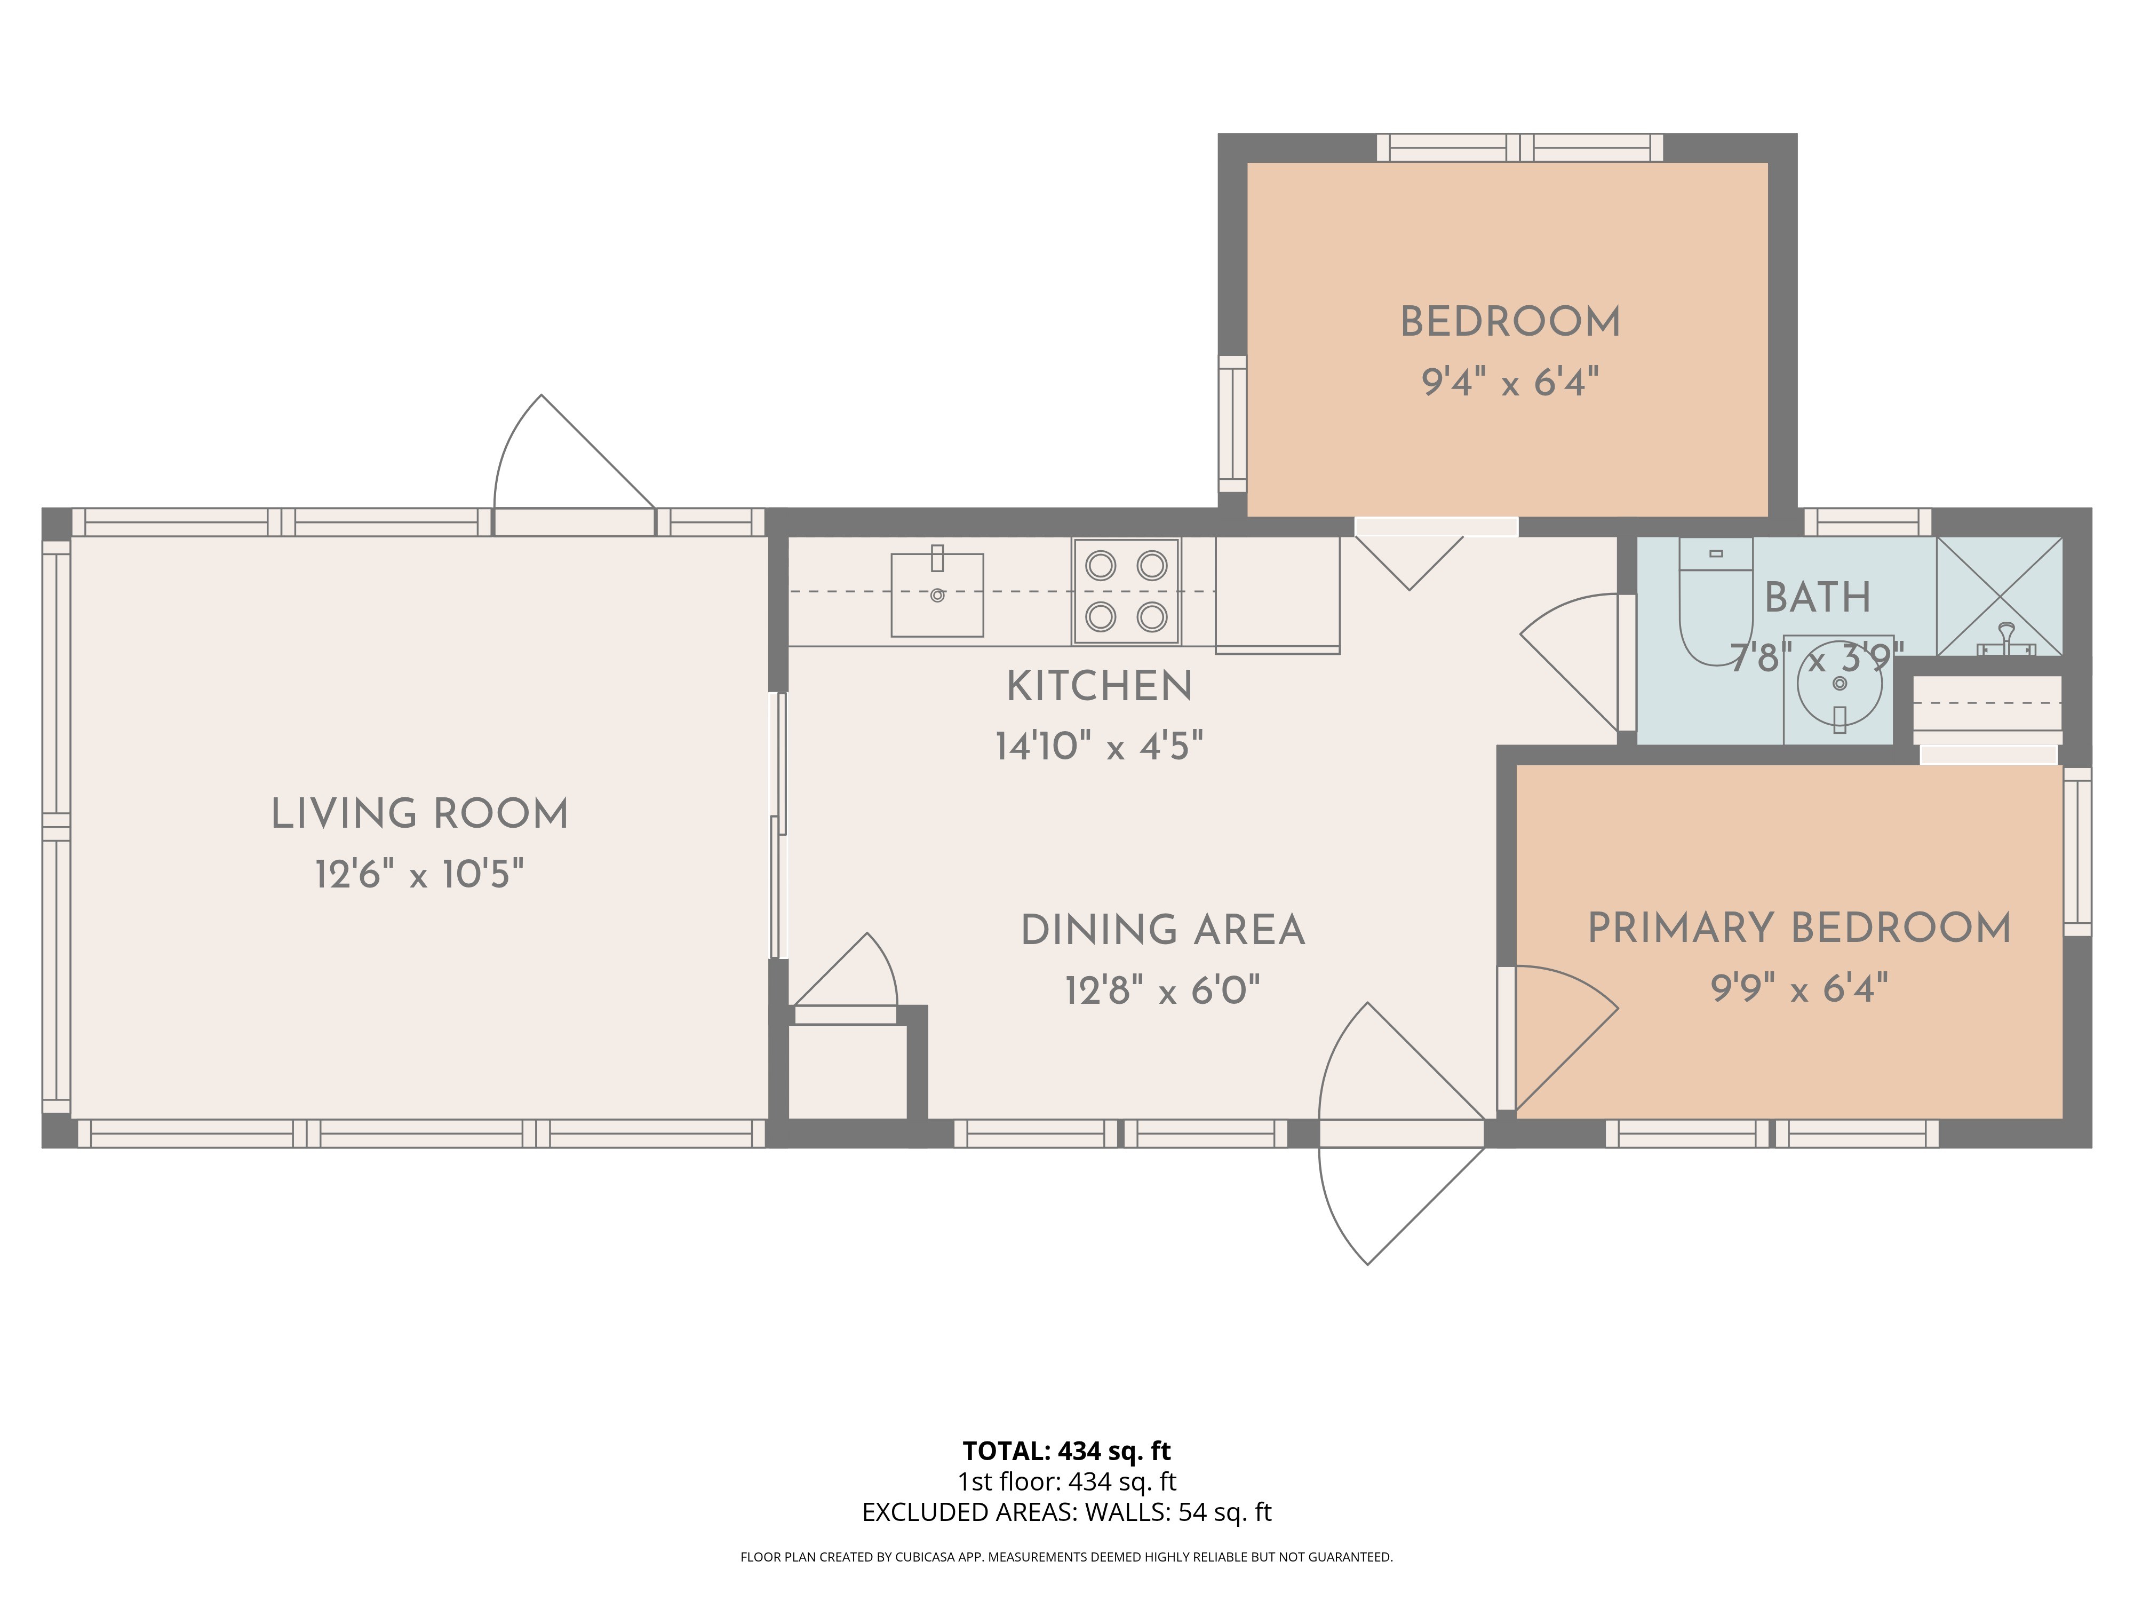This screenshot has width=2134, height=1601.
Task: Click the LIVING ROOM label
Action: [x=420, y=813]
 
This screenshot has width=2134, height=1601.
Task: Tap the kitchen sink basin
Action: [x=937, y=595]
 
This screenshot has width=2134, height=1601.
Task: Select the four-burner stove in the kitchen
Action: [x=1126, y=591]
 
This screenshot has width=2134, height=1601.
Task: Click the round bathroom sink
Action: [x=1839, y=685]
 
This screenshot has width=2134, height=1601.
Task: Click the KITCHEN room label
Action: [x=1100, y=686]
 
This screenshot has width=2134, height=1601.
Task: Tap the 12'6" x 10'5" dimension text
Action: [x=420, y=874]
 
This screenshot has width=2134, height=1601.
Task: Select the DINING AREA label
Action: [x=1162, y=930]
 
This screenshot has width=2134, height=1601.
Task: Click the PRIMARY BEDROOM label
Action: [x=1799, y=928]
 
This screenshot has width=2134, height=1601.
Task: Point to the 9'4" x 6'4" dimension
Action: [x=1510, y=382]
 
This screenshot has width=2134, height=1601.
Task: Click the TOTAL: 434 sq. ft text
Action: [x=1066, y=1451]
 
